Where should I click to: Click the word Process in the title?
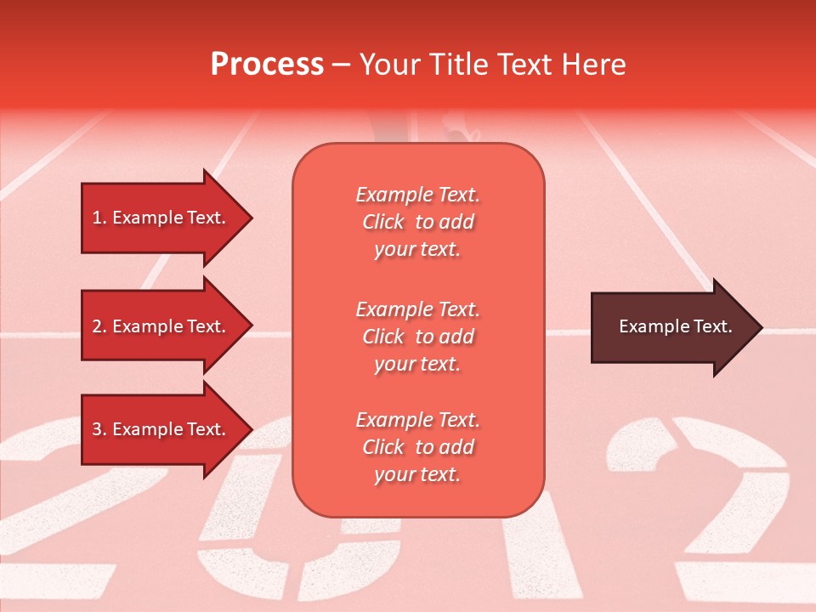coord(267,65)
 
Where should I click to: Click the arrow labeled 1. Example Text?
coord(161,218)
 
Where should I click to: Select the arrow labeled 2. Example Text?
coord(161,326)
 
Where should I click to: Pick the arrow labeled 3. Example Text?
coord(161,429)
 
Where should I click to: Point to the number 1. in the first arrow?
coord(99,218)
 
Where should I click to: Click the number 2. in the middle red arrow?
coord(99,326)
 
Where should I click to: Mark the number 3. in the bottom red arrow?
coord(99,429)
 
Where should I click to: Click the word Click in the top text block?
coord(383,222)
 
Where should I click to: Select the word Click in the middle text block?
coord(383,337)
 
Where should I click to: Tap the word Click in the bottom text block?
coord(383,447)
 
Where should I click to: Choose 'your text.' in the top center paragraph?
coord(417,250)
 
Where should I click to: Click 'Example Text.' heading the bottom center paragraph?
coord(417,420)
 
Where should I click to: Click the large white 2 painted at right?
coord(714,501)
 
